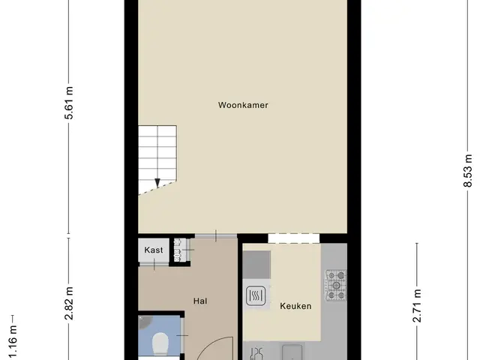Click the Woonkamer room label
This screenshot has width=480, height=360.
(x=243, y=105)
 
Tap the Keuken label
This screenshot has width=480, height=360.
(x=295, y=306)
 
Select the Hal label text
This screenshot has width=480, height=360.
(x=200, y=301)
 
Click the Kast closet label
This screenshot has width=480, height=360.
(x=153, y=250)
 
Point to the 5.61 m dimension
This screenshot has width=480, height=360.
(x=70, y=103)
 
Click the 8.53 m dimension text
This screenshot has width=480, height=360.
(x=468, y=171)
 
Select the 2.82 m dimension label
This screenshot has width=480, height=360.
(x=70, y=303)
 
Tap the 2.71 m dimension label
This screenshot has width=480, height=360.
(x=417, y=305)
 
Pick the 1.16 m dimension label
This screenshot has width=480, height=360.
(x=13, y=342)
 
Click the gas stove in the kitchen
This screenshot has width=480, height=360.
(x=336, y=285)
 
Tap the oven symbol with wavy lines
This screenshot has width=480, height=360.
(x=256, y=295)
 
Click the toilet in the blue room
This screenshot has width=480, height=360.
(x=160, y=343)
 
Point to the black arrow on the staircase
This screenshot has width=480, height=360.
(x=157, y=183)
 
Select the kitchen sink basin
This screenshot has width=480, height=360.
(x=292, y=352)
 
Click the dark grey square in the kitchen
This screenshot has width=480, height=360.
(x=256, y=265)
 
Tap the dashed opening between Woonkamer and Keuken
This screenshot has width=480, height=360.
(x=294, y=238)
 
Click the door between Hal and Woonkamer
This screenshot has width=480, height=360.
(x=216, y=235)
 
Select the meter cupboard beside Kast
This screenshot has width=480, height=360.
(x=180, y=250)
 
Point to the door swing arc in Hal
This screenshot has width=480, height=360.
(x=214, y=346)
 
